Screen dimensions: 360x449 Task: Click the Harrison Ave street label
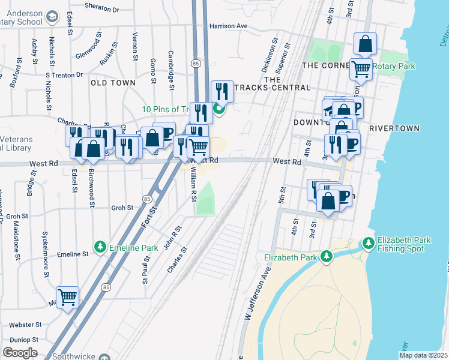pos(228,26)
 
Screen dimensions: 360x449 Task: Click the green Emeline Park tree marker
pos(100,247)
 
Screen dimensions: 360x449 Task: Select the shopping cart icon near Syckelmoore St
pos(67,296)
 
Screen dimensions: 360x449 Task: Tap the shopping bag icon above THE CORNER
pos(365,43)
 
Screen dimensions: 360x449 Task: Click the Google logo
pos(20,352)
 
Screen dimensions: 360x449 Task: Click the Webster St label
pos(25,325)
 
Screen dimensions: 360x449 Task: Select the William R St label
pos(193,183)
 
